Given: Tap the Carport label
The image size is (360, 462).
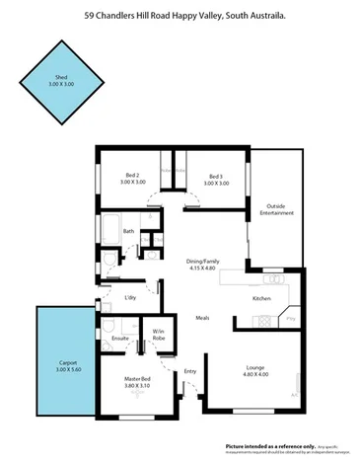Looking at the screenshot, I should click(x=67, y=365).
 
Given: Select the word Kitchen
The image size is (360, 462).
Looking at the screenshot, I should click(x=261, y=298).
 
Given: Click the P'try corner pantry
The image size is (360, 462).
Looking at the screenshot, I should click(x=290, y=319).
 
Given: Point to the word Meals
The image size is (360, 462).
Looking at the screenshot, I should click(x=202, y=318).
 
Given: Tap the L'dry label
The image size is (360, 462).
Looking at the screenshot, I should click(x=129, y=297).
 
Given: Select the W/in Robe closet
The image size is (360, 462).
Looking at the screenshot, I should click(x=158, y=335).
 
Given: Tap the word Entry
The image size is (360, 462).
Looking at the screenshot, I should click(x=190, y=371).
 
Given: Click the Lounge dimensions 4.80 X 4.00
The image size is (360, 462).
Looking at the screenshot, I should click(x=255, y=376).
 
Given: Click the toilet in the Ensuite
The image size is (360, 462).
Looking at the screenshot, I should click(x=110, y=326).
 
